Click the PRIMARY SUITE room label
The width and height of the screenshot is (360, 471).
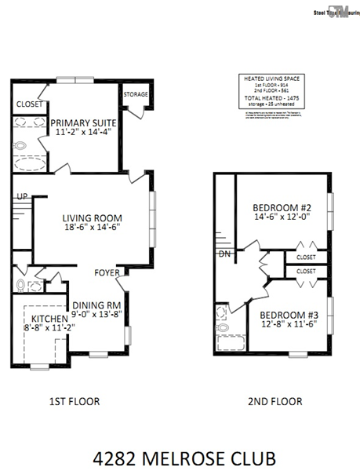(x=83, y=123)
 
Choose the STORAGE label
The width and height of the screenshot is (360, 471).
(x=136, y=94)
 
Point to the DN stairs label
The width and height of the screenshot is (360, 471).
(x=224, y=254)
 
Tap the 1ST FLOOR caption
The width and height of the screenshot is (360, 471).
(x=74, y=401)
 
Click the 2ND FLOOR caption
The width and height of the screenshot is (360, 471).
(x=275, y=401)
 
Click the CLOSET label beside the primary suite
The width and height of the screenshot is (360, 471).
(x=30, y=103)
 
